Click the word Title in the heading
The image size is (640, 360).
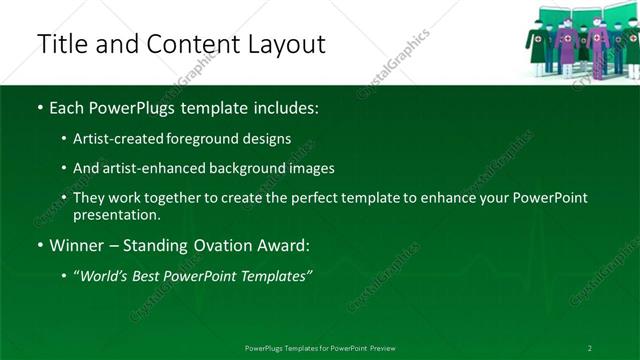point(58,44)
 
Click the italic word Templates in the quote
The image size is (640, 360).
point(278,275)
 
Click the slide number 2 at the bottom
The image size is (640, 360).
point(590,348)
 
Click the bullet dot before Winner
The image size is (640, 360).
point(40,245)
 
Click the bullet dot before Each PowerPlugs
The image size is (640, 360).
point(40,107)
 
